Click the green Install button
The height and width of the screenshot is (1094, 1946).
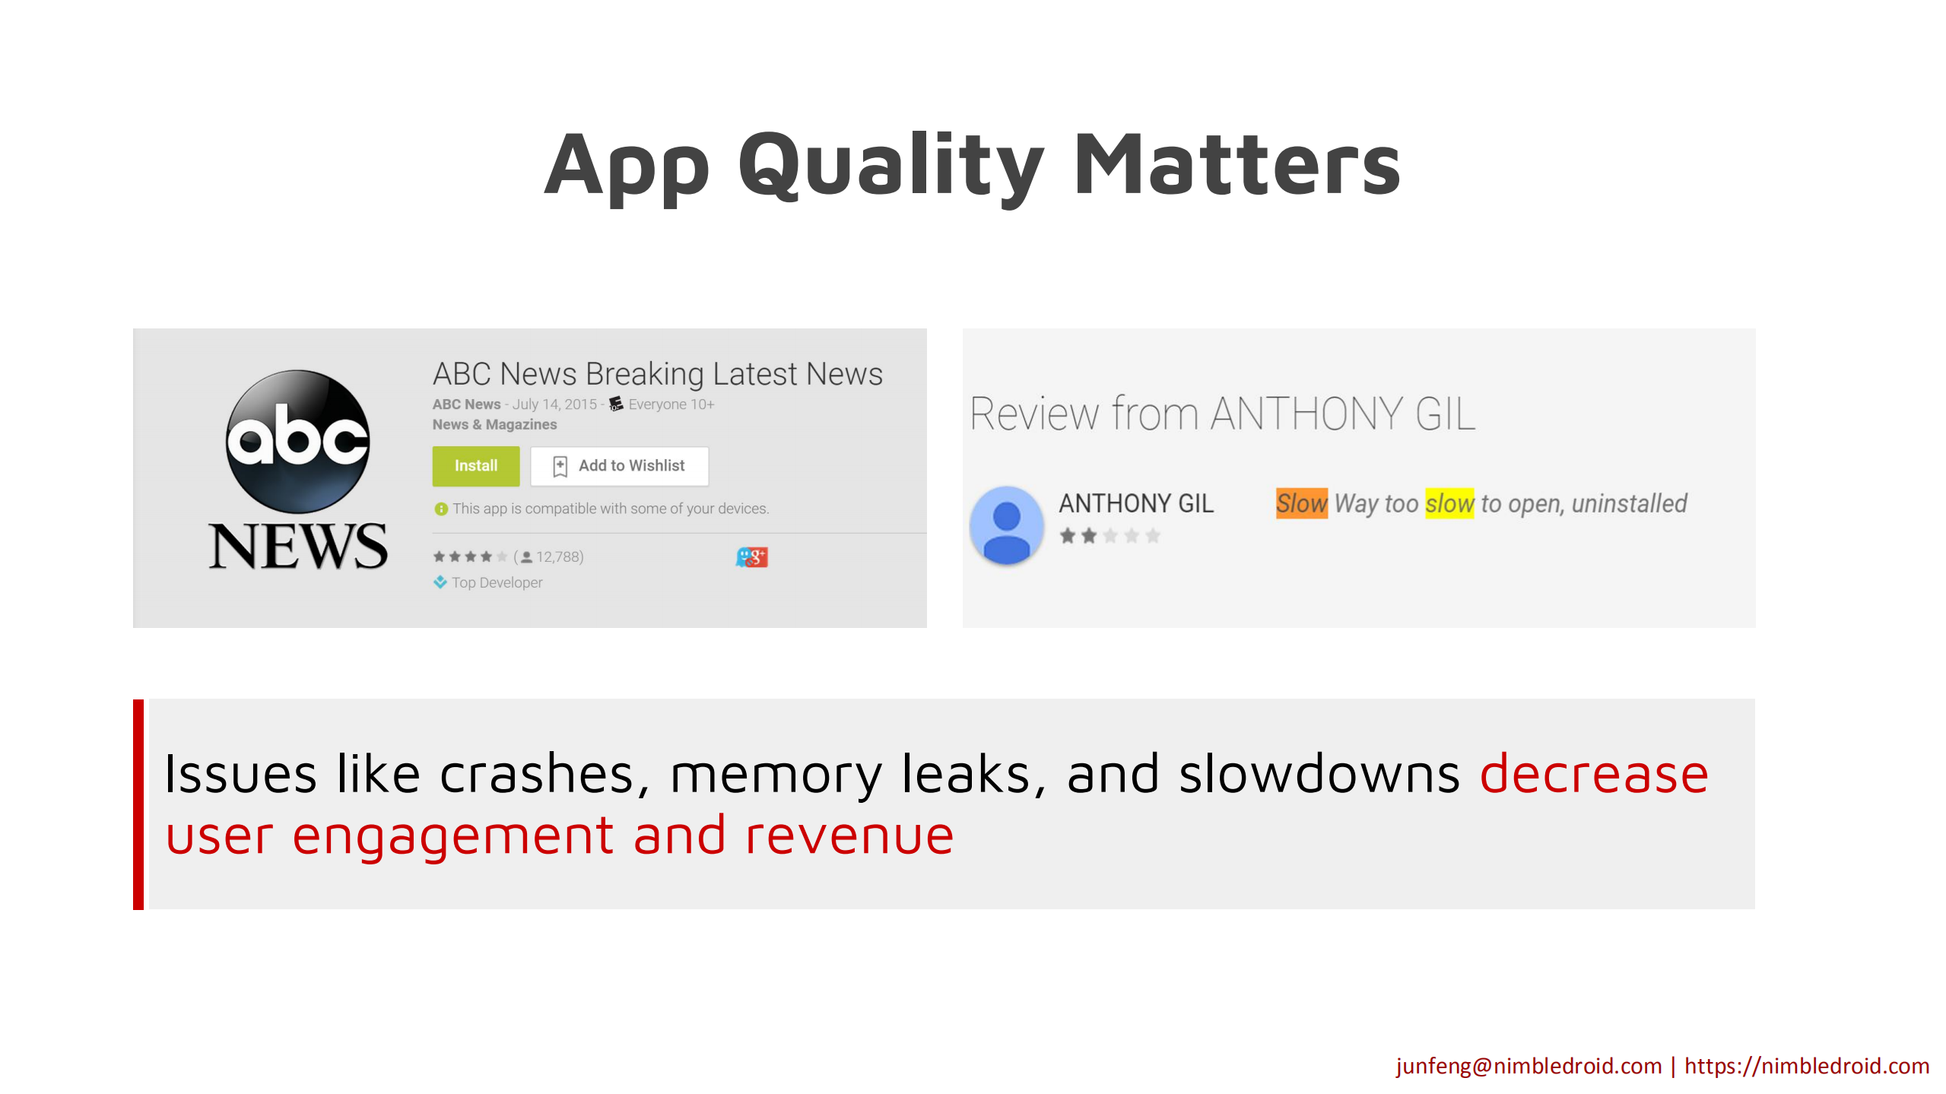tap(476, 465)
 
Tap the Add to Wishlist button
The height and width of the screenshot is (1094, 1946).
tap(620, 465)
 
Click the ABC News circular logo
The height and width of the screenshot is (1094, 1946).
tap(298, 441)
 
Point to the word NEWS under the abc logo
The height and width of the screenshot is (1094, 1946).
tap(298, 546)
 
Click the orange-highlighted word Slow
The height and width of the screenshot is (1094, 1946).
tap(1302, 503)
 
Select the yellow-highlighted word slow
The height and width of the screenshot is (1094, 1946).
tap(1449, 503)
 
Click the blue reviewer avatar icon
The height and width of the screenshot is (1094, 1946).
tap(1006, 525)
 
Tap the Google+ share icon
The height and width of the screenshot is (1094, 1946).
tap(751, 557)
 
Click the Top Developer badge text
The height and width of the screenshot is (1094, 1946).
tap(497, 582)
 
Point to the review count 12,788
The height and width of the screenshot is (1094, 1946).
tap(560, 557)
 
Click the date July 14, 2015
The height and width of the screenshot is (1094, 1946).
tap(554, 404)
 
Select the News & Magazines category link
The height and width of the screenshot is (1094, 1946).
tap(494, 424)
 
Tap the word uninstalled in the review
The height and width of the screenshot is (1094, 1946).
tap(1629, 503)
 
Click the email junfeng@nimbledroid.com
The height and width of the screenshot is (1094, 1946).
tap(1529, 1066)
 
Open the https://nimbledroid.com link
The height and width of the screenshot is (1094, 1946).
tap(1807, 1066)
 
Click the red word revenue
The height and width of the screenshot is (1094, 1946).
tap(849, 836)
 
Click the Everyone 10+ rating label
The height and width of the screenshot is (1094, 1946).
tap(671, 404)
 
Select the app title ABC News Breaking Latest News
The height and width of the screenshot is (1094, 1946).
tap(658, 374)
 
